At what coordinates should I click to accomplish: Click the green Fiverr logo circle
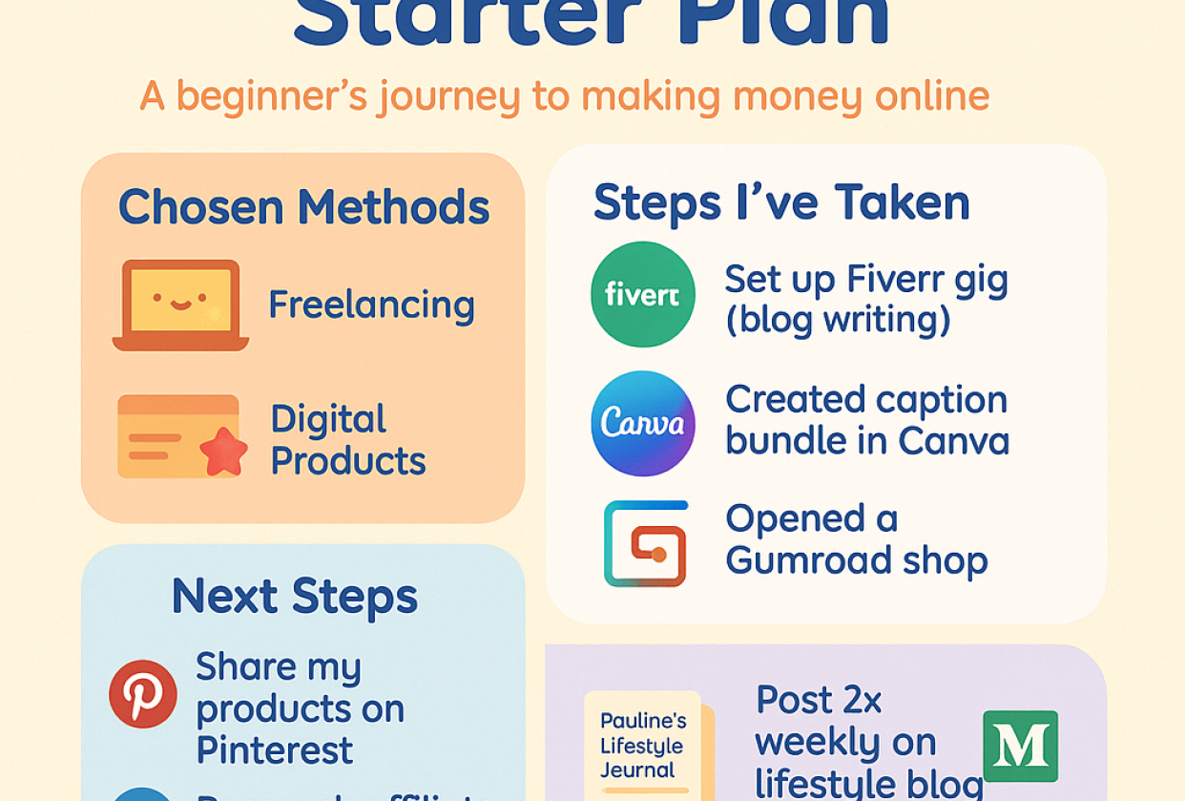[643, 294]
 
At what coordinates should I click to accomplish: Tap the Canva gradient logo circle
[643, 423]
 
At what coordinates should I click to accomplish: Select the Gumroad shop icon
[646, 543]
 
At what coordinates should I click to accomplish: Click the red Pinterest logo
[143, 694]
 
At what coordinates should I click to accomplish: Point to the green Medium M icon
[1020, 746]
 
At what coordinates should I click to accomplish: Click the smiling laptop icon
[180, 305]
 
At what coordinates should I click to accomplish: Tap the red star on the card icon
[223, 452]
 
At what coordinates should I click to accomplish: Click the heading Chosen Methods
[303, 207]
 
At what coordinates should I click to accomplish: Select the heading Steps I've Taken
[781, 202]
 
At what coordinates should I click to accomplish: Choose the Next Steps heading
[295, 596]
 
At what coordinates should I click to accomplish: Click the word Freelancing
[371, 305]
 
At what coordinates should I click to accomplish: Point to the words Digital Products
[347, 440]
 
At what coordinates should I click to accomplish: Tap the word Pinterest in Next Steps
[275, 750]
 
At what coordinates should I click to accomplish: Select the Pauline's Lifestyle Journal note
[643, 745]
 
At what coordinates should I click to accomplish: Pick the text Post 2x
[819, 700]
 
